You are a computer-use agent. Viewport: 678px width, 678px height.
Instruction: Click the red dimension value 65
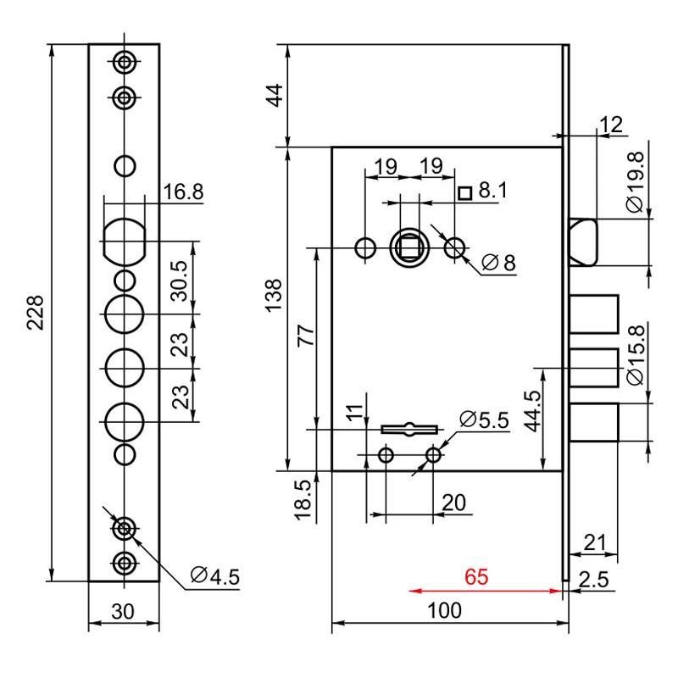pos(476,576)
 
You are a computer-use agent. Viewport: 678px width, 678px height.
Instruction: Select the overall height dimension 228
pos(36,313)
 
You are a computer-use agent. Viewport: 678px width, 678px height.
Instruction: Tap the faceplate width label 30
pos(123,611)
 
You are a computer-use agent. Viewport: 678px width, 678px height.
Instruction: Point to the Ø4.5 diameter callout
pos(215,576)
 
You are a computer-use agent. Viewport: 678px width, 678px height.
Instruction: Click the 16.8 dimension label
pos(183,192)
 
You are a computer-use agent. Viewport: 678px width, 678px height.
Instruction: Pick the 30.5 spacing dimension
pos(180,281)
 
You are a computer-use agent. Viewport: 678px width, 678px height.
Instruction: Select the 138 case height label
pos(273,295)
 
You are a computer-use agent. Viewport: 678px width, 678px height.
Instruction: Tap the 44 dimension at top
pos(275,95)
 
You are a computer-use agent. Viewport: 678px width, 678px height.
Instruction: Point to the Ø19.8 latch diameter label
pos(636,182)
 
